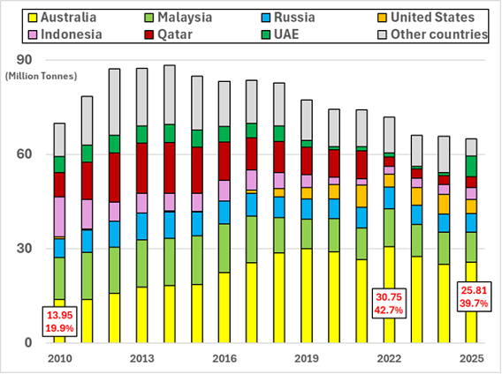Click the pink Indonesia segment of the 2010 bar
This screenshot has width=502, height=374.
[59, 216]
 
